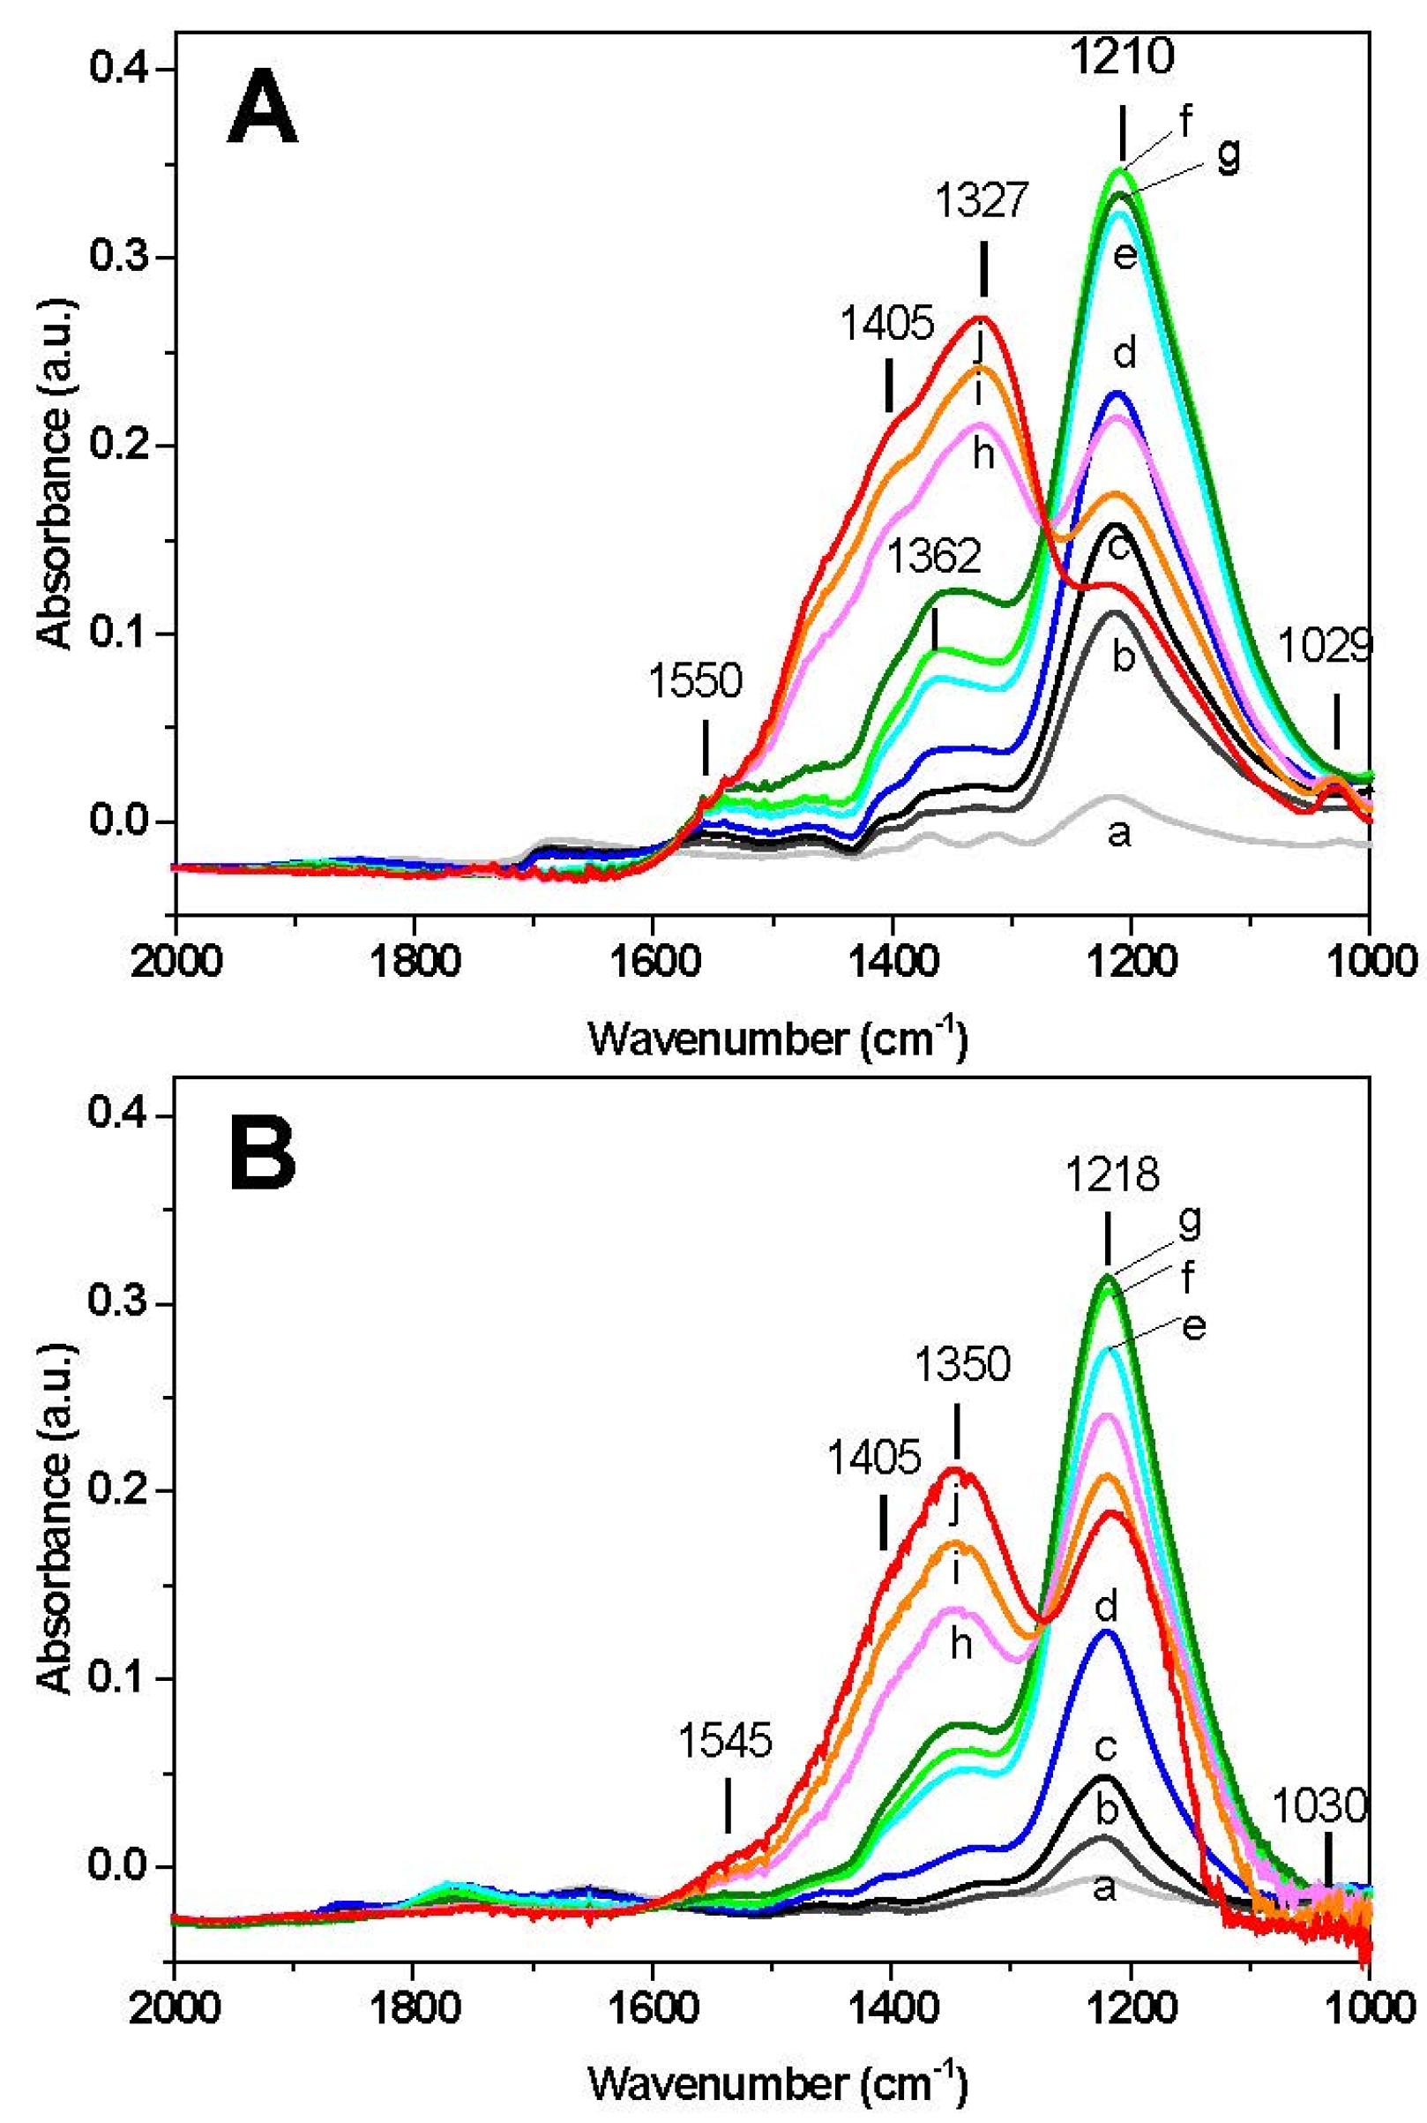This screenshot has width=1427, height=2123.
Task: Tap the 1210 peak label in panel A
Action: [1121, 58]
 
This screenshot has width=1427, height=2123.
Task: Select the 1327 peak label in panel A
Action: [982, 201]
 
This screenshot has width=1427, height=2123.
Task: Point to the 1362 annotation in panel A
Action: [935, 554]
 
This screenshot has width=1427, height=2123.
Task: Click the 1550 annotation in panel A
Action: [696, 680]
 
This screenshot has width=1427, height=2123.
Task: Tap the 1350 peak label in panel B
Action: [963, 1365]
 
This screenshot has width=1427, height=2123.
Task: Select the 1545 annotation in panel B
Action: [726, 1740]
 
